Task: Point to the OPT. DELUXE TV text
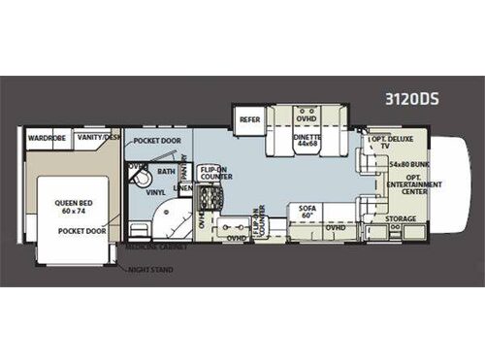(x=387, y=146)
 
